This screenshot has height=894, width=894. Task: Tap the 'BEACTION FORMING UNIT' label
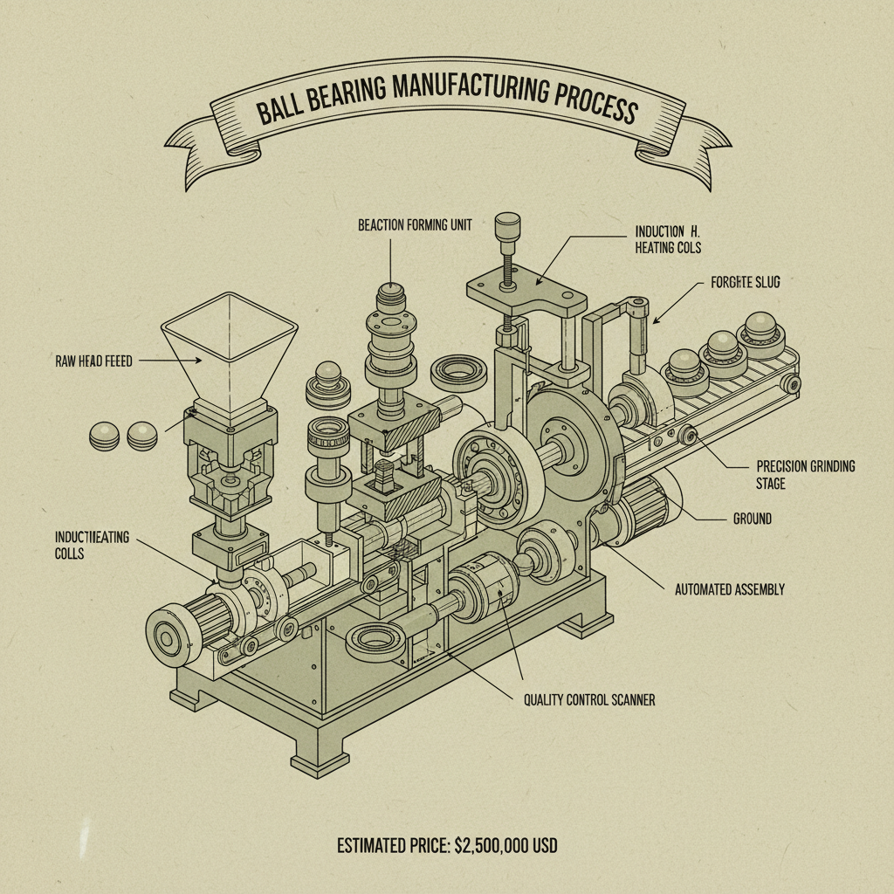pos(415,225)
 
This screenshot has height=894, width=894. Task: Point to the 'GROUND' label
pos(752,519)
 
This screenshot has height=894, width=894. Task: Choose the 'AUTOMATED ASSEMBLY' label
pos(729,589)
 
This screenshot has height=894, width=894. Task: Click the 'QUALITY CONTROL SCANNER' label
pos(588,698)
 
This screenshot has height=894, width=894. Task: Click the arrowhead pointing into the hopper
pos(198,360)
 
